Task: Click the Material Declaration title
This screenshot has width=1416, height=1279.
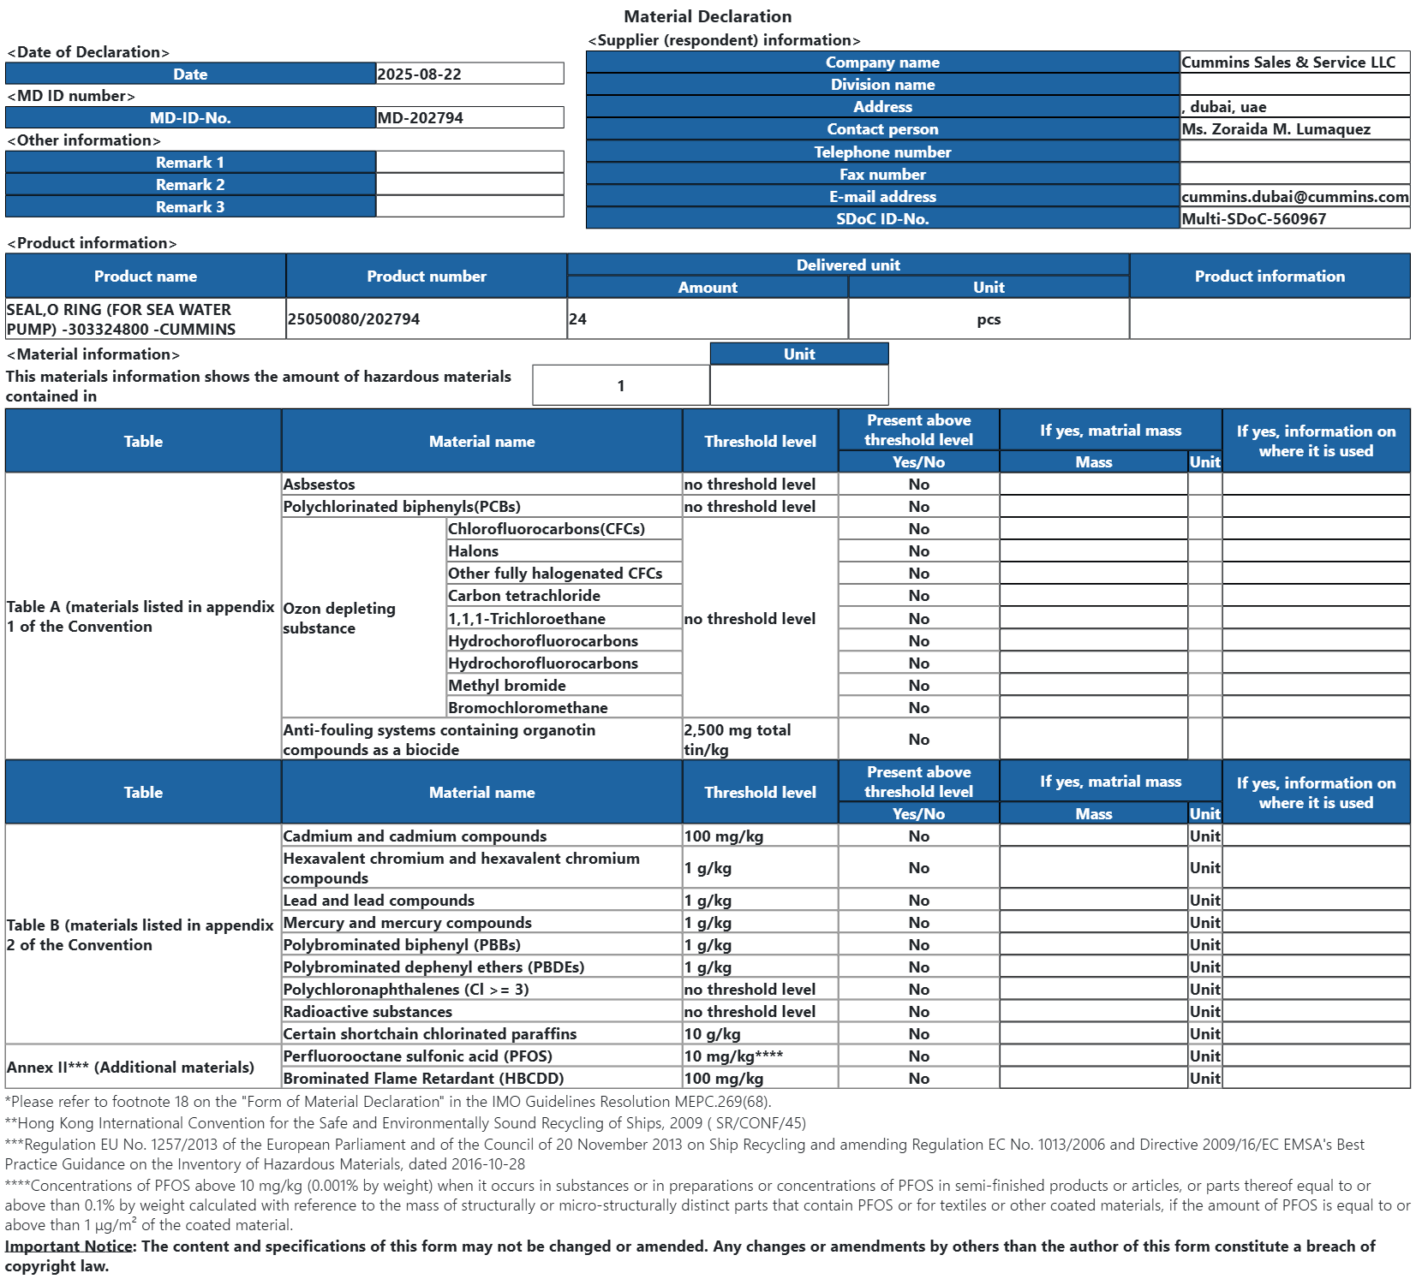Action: click(x=707, y=16)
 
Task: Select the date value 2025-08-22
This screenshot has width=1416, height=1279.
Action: click(x=419, y=74)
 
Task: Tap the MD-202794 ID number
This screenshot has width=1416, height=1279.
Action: click(x=420, y=118)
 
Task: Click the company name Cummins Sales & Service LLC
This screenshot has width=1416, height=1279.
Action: click(x=1288, y=62)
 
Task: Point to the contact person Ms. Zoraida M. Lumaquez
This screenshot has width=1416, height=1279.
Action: click(x=1276, y=129)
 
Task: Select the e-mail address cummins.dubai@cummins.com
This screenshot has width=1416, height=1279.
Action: click(x=1294, y=197)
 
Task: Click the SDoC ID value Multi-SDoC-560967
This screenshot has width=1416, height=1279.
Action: click(x=1253, y=219)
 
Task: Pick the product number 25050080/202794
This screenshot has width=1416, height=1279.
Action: click(x=354, y=319)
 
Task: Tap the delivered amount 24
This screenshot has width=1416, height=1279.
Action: click(x=578, y=319)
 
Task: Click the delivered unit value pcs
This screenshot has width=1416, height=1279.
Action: click(x=989, y=319)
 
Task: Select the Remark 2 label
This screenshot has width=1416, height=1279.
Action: click(x=190, y=185)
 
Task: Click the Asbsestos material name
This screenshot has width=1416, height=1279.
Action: click(x=319, y=485)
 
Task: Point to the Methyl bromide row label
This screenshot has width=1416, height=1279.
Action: click(x=506, y=686)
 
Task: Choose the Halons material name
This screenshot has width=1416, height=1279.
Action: click(x=473, y=551)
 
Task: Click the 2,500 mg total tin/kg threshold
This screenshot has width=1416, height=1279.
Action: click(x=737, y=740)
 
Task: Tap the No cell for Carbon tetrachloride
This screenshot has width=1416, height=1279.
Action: click(x=918, y=596)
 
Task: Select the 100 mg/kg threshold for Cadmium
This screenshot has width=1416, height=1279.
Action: click(x=723, y=836)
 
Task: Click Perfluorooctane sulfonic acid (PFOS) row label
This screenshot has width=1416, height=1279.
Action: click(x=417, y=1056)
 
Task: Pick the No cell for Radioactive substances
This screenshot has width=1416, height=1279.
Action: click(x=918, y=1012)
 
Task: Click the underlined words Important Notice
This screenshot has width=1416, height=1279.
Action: click(x=69, y=1246)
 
